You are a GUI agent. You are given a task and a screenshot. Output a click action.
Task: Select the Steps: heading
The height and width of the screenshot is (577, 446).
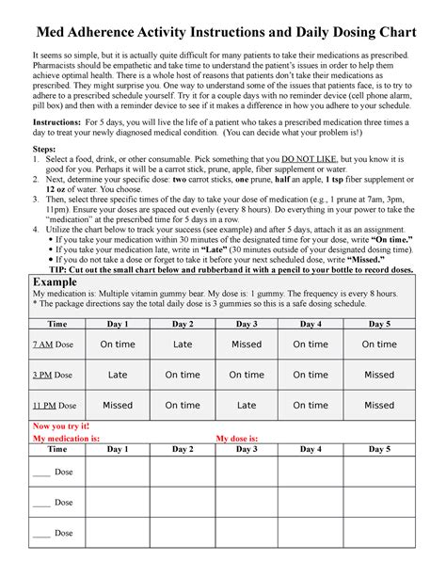pyautogui.click(x=45, y=149)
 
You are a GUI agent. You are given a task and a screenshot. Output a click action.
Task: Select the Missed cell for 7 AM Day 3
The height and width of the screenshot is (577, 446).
pyautogui.click(x=247, y=345)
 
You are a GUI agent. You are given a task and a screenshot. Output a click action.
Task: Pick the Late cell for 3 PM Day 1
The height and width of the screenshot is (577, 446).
pyautogui.click(x=118, y=375)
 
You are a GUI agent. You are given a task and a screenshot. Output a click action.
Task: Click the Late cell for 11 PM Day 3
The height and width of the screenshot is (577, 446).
pyautogui.click(x=247, y=406)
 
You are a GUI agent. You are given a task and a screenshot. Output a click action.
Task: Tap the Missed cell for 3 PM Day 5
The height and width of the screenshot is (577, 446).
pyautogui.click(x=379, y=375)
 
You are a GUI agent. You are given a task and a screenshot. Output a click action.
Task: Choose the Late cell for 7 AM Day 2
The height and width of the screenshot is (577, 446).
pyautogui.click(x=183, y=345)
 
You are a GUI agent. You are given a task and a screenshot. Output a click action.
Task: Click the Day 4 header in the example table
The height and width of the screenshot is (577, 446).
pyautogui.click(x=311, y=323)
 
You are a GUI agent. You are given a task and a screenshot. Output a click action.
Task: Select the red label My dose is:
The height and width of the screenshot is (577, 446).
pyautogui.click(x=245, y=438)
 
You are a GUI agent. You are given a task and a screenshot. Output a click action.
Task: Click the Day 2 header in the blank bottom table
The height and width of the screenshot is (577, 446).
pyautogui.click(x=183, y=450)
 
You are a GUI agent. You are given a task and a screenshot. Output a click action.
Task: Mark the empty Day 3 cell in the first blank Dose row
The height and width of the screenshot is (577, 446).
pyautogui.click(x=247, y=472)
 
